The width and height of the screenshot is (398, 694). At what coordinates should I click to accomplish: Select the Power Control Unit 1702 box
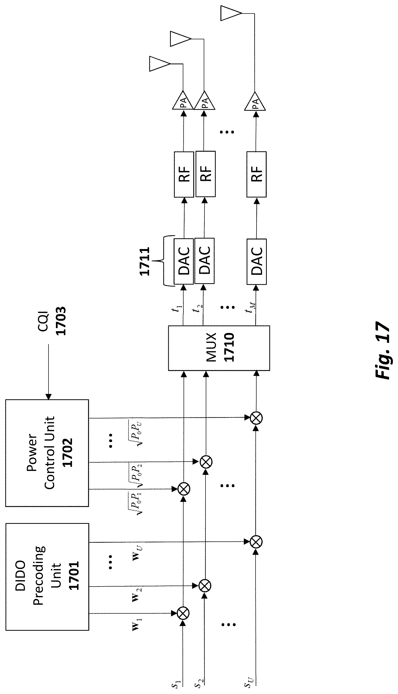click(47, 453)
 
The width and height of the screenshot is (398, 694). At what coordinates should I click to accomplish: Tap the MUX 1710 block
click(219, 348)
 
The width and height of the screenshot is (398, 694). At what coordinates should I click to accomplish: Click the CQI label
click(43, 321)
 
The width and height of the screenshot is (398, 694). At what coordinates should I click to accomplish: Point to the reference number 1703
click(61, 321)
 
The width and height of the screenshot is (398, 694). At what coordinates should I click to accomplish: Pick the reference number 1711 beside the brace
click(144, 261)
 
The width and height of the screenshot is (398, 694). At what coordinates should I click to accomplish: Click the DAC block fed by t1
click(184, 261)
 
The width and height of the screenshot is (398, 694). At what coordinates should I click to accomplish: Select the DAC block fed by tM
click(256, 261)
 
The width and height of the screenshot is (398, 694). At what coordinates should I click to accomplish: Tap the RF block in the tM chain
click(256, 174)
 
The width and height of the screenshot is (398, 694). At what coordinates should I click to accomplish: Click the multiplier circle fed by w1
click(184, 619)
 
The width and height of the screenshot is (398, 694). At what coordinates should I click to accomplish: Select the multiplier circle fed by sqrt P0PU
click(256, 418)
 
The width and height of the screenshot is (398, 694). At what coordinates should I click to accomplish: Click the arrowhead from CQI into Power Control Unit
click(49, 396)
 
